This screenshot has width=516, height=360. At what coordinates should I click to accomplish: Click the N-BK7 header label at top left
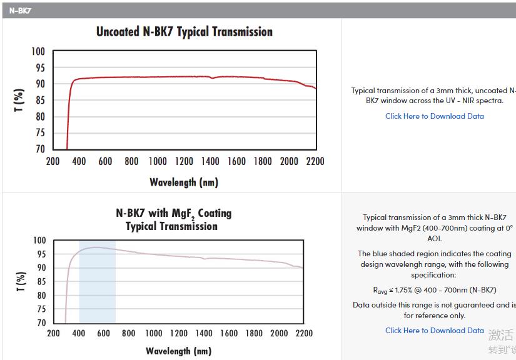[x=20, y=10]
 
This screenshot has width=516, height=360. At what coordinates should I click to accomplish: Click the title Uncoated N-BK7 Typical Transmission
[x=184, y=32]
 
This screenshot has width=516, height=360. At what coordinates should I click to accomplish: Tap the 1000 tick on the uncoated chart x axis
[x=158, y=161]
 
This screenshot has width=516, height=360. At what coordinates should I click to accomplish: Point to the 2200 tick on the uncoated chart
[x=315, y=161]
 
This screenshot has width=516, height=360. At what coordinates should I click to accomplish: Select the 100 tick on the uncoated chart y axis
[x=38, y=51]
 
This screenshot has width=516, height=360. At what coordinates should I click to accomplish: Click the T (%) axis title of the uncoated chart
[x=20, y=100]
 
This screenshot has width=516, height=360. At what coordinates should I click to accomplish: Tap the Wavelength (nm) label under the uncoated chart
[x=184, y=182]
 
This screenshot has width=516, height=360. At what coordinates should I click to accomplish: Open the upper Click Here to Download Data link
[x=434, y=116]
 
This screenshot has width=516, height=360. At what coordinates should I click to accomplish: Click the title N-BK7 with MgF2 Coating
[x=173, y=213]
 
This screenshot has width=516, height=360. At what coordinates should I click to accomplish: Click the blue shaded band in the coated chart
[x=97, y=281]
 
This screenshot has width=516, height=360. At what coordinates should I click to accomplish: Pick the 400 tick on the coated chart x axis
[x=79, y=333]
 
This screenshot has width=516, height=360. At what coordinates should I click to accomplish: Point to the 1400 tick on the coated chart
[x=204, y=333]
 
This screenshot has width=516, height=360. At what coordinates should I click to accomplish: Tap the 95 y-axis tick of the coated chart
[x=40, y=254]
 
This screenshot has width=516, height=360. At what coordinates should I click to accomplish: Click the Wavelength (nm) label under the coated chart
[x=178, y=351]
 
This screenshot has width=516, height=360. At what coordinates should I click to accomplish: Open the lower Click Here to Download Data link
[x=434, y=331]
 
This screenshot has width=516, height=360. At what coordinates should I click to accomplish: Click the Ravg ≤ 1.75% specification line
[x=434, y=290]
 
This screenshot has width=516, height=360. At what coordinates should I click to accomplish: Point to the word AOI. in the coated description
[x=434, y=238]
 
